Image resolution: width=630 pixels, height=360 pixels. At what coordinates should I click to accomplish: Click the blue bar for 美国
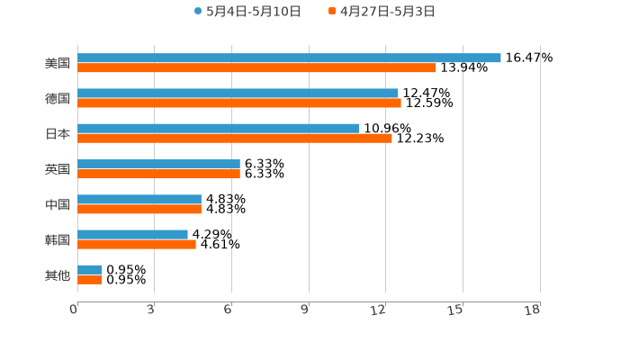coord(289,58)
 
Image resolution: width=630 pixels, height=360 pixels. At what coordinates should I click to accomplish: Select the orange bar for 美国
coord(256,67)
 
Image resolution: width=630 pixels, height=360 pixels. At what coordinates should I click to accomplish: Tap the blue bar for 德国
coord(238,93)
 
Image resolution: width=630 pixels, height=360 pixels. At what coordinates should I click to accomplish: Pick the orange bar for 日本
coord(235,138)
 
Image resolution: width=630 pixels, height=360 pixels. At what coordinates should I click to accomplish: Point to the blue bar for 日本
coord(218,128)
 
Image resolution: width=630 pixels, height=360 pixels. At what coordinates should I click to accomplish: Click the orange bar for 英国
coord(158,174)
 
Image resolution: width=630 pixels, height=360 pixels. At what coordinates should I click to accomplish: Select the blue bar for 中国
coord(139,199)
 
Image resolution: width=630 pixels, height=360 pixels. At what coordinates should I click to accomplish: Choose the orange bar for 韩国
coord(137,244)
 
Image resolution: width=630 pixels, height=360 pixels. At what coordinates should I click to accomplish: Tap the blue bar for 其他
coord(90,269)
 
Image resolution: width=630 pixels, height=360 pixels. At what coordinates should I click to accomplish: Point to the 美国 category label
coord(58,63)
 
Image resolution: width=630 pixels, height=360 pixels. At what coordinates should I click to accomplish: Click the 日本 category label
coord(58,133)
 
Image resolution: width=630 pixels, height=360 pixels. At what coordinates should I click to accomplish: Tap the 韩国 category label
coord(58,239)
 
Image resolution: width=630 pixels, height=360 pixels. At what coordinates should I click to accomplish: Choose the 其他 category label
coord(58,274)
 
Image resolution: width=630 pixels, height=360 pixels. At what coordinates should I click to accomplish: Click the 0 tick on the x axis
coord(74,310)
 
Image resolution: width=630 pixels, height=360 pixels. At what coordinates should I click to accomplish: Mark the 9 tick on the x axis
coord(305,310)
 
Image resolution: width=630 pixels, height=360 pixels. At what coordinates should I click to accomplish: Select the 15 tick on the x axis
coord(455,310)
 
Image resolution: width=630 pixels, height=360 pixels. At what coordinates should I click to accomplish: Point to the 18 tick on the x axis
coord(533,310)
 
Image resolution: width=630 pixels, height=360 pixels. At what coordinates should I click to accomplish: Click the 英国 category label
coord(58,168)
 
